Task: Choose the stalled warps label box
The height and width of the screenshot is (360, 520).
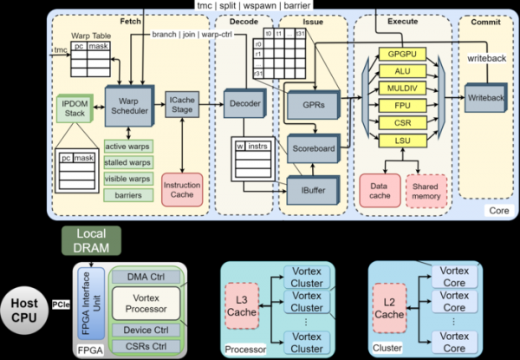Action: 128,164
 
